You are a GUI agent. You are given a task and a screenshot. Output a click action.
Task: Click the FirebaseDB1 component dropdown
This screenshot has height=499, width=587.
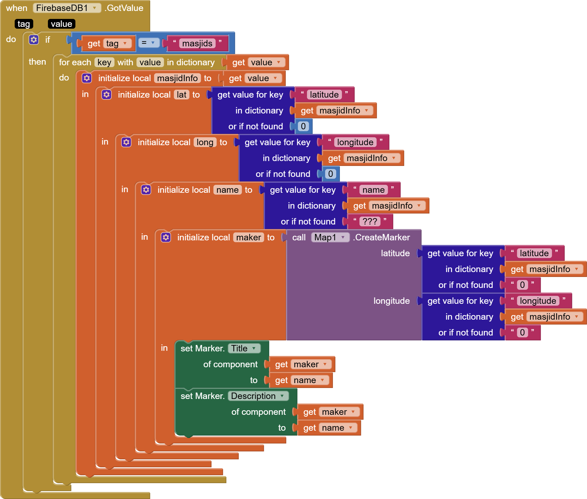click(67, 8)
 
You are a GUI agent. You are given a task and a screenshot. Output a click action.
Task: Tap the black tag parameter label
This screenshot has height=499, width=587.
click(23, 24)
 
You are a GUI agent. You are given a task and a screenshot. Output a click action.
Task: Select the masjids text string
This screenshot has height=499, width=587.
click(197, 43)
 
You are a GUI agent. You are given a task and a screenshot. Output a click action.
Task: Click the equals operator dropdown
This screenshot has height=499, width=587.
click(149, 43)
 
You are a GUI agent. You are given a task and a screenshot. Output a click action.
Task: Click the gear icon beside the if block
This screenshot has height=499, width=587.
click(34, 40)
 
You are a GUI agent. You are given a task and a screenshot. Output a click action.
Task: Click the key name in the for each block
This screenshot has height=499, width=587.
click(104, 62)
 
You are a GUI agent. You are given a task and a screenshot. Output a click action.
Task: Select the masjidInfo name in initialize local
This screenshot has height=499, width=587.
click(177, 78)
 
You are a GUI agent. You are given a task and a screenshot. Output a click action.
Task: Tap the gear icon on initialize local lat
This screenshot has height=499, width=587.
click(106, 95)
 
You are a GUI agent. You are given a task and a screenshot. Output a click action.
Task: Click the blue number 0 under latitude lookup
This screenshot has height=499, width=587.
click(303, 126)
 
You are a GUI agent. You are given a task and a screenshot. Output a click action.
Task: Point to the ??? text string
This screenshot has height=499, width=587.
click(370, 221)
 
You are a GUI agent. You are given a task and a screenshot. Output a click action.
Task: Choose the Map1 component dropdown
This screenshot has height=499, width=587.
click(330, 237)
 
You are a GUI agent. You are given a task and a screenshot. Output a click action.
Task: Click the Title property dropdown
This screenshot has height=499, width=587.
click(244, 348)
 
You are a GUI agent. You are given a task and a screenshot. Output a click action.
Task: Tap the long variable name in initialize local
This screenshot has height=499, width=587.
click(205, 142)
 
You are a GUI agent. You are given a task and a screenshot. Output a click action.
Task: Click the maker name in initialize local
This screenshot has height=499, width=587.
click(248, 237)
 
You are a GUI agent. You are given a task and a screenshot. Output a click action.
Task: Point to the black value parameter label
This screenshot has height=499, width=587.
click(61, 24)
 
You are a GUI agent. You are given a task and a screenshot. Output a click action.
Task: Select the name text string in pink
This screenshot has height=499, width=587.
click(373, 190)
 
